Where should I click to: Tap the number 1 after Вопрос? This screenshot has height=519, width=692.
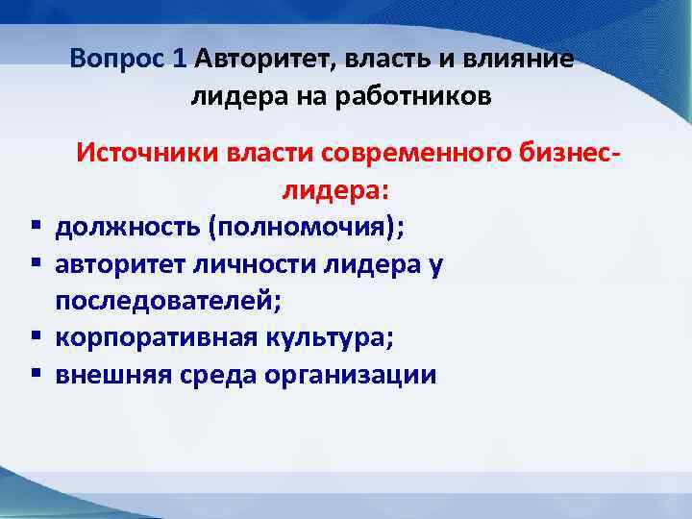point(179,59)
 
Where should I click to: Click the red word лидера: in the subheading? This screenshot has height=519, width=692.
point(334,190)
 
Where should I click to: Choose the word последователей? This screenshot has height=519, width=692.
point(166,301)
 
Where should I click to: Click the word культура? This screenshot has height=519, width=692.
point(327,338)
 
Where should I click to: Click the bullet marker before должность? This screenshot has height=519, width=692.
point(35,228)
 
